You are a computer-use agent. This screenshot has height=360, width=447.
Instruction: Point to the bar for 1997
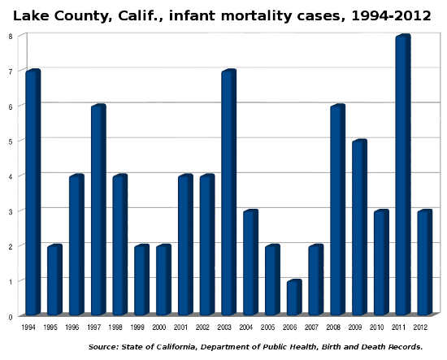98,210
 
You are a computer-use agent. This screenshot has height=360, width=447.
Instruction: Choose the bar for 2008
336,210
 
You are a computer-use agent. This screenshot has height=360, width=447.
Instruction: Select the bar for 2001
184,245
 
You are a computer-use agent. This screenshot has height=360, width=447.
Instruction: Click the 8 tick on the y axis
10,36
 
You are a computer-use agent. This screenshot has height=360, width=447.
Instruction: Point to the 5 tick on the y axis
10,141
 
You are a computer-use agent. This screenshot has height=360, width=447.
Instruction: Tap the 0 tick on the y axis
10,315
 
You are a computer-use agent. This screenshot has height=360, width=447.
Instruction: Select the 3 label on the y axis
10,210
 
